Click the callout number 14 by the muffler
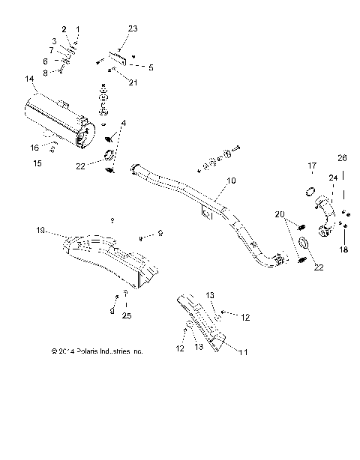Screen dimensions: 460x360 tap(29, 79)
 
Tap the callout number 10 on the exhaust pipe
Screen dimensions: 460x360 tap(231, 181)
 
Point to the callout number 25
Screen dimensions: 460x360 tap(127, 315)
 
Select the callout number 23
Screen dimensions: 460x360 tap(133, 28)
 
